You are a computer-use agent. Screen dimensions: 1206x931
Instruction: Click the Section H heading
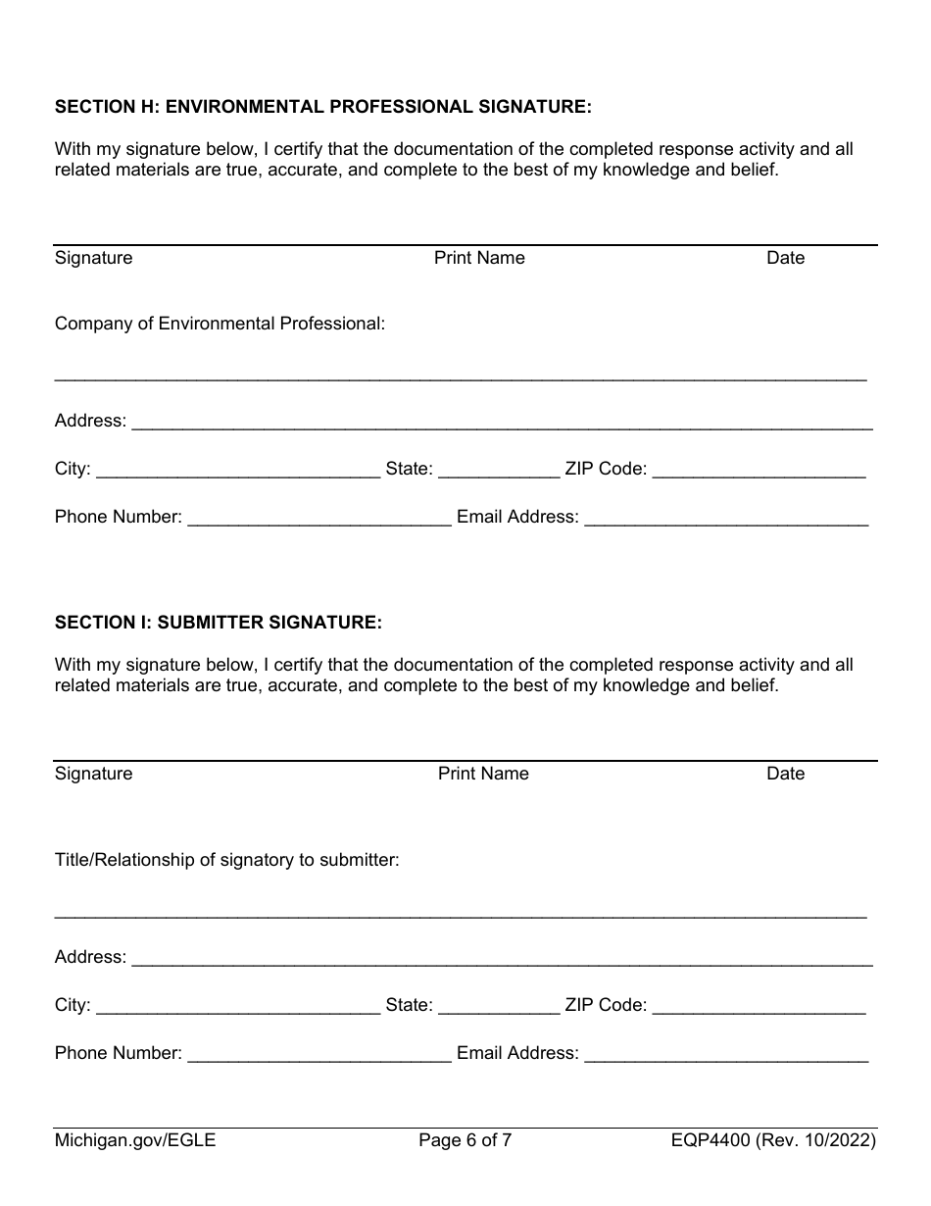323,106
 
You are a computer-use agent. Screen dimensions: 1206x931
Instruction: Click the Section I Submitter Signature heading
218,622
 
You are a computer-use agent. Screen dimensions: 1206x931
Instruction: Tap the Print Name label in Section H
479,258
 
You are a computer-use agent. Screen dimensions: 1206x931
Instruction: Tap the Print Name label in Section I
483,774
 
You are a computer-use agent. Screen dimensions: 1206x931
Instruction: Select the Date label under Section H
785,258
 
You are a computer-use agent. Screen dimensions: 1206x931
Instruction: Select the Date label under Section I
785,774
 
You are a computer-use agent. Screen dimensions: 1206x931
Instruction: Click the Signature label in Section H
93,258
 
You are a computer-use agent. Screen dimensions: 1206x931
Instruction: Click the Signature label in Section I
93,774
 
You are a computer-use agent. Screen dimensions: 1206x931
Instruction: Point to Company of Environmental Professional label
220,324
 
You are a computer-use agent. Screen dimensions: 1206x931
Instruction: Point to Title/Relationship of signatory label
226,860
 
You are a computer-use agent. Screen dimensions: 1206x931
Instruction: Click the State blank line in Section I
499,1007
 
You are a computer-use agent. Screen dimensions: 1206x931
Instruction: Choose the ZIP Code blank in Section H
759,471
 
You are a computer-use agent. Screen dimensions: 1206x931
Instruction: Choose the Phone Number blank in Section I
318,1055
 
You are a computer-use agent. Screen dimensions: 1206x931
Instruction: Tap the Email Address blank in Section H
726,519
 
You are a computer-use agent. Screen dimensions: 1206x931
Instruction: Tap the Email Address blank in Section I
726,1055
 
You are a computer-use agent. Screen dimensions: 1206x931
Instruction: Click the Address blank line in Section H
502,423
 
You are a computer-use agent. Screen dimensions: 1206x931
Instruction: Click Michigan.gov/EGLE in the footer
135,1140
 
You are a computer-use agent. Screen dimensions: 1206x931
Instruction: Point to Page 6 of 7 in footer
465,1140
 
